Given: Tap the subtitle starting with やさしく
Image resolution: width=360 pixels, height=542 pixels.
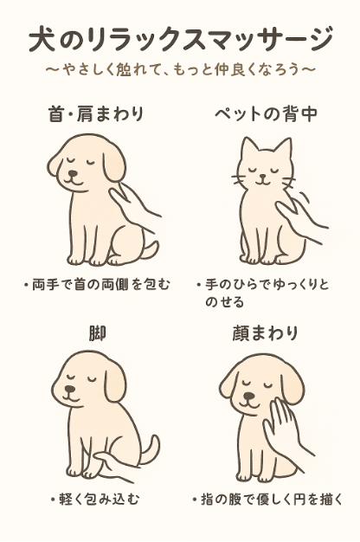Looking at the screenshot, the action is click(180, 69).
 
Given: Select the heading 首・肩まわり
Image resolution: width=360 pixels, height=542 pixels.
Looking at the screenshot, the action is click(96, 113).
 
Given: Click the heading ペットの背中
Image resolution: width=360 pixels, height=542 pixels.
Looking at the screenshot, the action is click(266, 113).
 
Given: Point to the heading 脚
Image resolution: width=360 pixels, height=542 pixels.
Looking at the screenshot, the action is click(97, 333).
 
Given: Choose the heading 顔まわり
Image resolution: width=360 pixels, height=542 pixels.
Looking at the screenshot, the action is click(265, 333).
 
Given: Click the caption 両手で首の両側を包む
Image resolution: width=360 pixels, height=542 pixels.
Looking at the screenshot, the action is click(98, 285).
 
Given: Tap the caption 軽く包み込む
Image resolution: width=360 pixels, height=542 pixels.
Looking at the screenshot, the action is click(95, 500).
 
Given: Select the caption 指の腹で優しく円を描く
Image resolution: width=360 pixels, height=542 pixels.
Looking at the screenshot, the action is click(267, 500).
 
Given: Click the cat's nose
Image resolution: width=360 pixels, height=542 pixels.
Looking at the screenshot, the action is click(263, 177).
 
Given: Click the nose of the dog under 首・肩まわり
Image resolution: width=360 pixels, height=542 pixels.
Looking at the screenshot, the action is click(73, 173).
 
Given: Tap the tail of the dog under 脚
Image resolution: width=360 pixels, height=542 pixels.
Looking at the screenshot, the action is click(150, 448).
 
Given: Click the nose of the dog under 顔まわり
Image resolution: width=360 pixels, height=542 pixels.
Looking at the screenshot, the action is click(247, 396).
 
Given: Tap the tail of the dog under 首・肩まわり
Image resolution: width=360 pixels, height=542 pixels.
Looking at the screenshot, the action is click(151, 248).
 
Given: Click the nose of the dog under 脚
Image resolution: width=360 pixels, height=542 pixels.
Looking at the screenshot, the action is click(70, 390).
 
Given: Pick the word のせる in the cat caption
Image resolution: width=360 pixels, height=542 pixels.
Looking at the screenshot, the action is click(225, 302).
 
